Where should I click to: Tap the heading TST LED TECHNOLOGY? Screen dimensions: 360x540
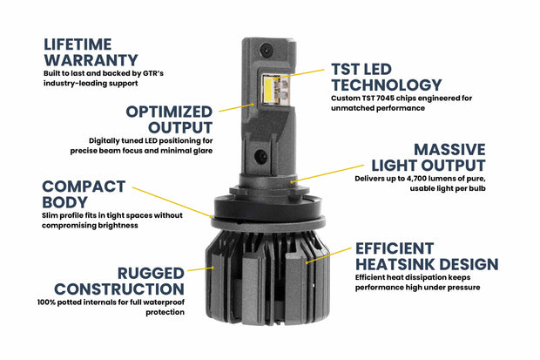coord(387,77)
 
